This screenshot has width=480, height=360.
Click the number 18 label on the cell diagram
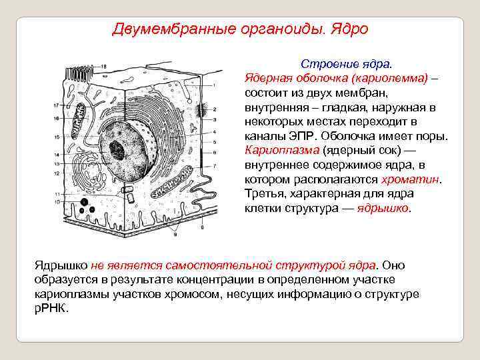click(103, 66)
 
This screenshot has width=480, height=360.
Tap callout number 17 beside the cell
click(55, 106)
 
